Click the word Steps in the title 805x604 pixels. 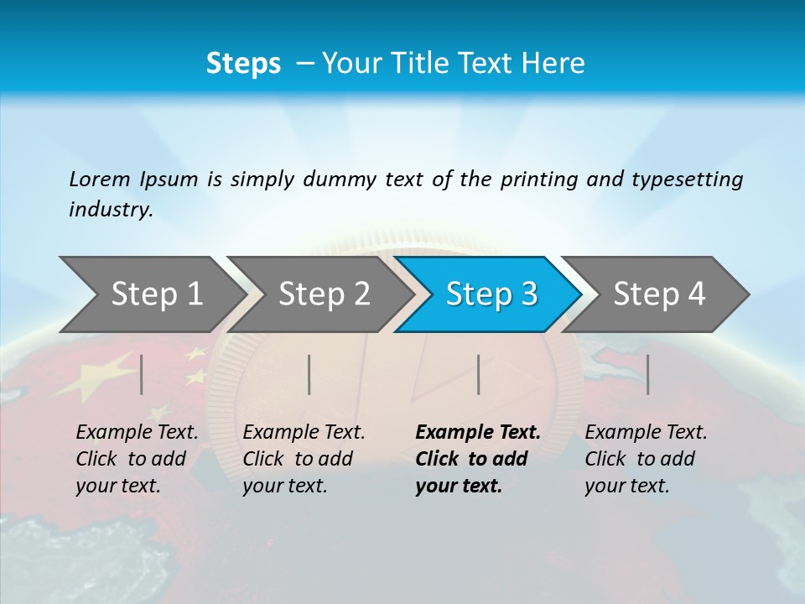pyautogui.click(x=243, y=64)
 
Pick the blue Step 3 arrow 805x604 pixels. pyautogui.click(x=491, y=294)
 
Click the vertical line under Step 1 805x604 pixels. pyautogui.click(x=142, y=374)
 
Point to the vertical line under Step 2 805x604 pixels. pyautogui.click(x=309, y=374)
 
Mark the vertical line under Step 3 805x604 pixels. pyautogui.click(x=478, y=374)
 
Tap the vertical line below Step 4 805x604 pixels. pyautogui.click(x=647, y=374)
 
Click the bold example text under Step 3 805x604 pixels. pyautogui.click(x=478, y=459)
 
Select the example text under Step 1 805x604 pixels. pyautogui.click(x=137, y=459)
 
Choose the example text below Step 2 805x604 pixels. pyautogui.click(x=304, y=459)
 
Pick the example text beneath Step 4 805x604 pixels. pyautogui.click(x=646, y=459)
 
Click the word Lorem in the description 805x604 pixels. pyautogui.click(x=100, y=180)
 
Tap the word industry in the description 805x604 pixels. pyautogui.click(x=111, y=210)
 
